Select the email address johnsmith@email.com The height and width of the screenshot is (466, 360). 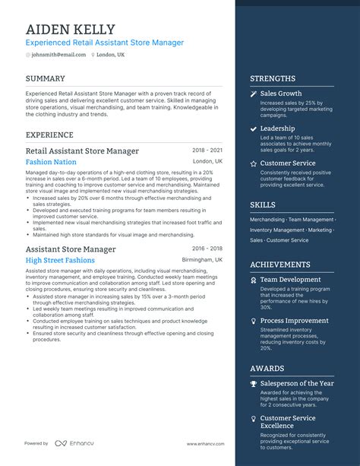[59, 55]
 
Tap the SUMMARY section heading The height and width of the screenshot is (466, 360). [45, 78]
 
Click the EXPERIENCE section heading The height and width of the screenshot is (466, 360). [49, 135]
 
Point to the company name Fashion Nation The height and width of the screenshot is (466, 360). [51, 162]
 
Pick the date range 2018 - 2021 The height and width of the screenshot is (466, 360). [207, 151]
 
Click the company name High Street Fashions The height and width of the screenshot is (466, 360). [60, 260]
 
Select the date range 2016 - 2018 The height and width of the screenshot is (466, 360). [207, 249]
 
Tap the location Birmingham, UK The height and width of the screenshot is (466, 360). [203, 260]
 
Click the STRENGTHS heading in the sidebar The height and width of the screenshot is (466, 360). [273, 78]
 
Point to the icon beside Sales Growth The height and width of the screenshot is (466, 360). [254, 94]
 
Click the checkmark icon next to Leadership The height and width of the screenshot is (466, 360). [254, 128]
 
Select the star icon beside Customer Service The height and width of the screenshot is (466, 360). [254, 163]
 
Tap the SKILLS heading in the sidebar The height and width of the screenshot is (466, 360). [263, 204]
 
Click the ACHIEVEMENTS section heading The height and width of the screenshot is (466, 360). [280, 265]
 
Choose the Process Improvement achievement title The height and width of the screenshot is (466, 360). [294, 321]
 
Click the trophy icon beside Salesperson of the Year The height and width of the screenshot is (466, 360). [254, 383]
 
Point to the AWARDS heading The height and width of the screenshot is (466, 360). [267, 368]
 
